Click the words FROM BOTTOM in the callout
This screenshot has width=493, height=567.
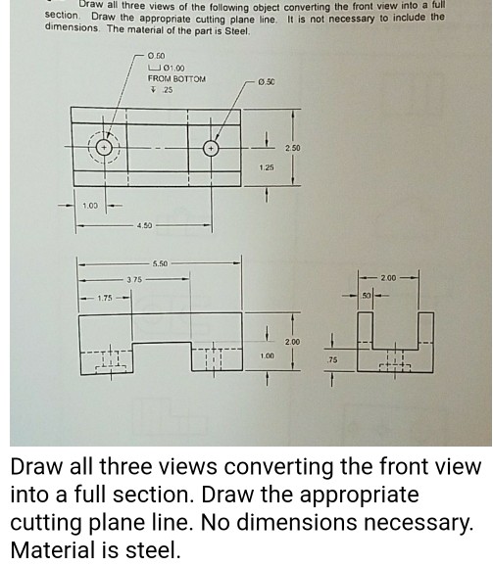coord(176,77)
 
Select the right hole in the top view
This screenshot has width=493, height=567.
coord(211,150)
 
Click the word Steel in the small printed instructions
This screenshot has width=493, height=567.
coord(235,30)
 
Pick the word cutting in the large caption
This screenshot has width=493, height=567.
coord(50,522)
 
